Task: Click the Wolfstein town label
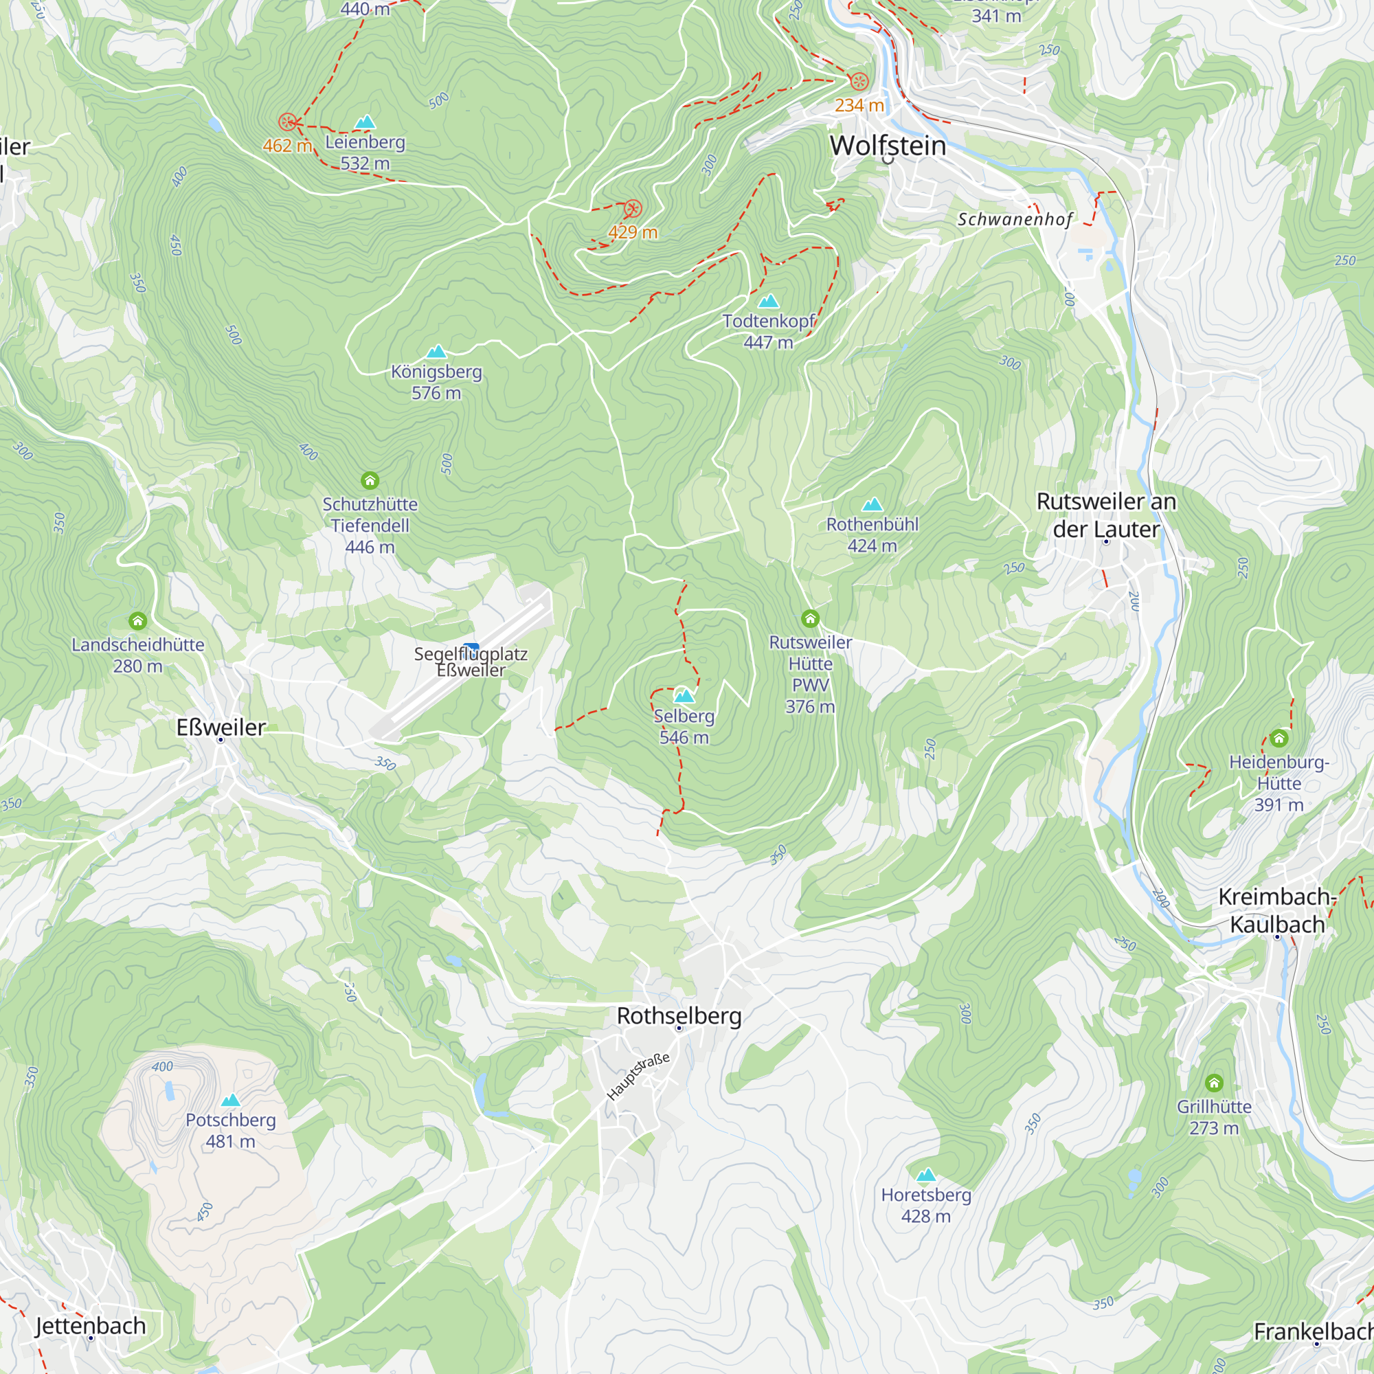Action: [x=888, y=146]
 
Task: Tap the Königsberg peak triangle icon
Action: [x=436, y=351]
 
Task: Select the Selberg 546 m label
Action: [x=684, y=726]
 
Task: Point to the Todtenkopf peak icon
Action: [x=768, y=301]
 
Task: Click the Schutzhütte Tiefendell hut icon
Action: [x=370, y=481]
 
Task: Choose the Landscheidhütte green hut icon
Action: [x=138, y=621]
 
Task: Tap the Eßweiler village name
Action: [x=221, y=727]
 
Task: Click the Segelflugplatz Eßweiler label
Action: [x=471, y=662]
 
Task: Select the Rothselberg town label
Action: [x=679, y=1015]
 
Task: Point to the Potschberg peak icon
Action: [x=230, y=1100]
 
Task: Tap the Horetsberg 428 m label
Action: [x=926, y=1205]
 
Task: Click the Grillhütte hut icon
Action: [x=1214, y=1083]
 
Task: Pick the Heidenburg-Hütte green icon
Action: [x=1279, y=739]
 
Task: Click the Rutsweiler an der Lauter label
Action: [x=1106, y=515]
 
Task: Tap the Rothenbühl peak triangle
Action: [x=872, y=505]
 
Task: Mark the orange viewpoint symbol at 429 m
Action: [x=633, y=209]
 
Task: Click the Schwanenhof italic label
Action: [x=1014, y=219]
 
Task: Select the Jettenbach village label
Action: [x=90, y=1326]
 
